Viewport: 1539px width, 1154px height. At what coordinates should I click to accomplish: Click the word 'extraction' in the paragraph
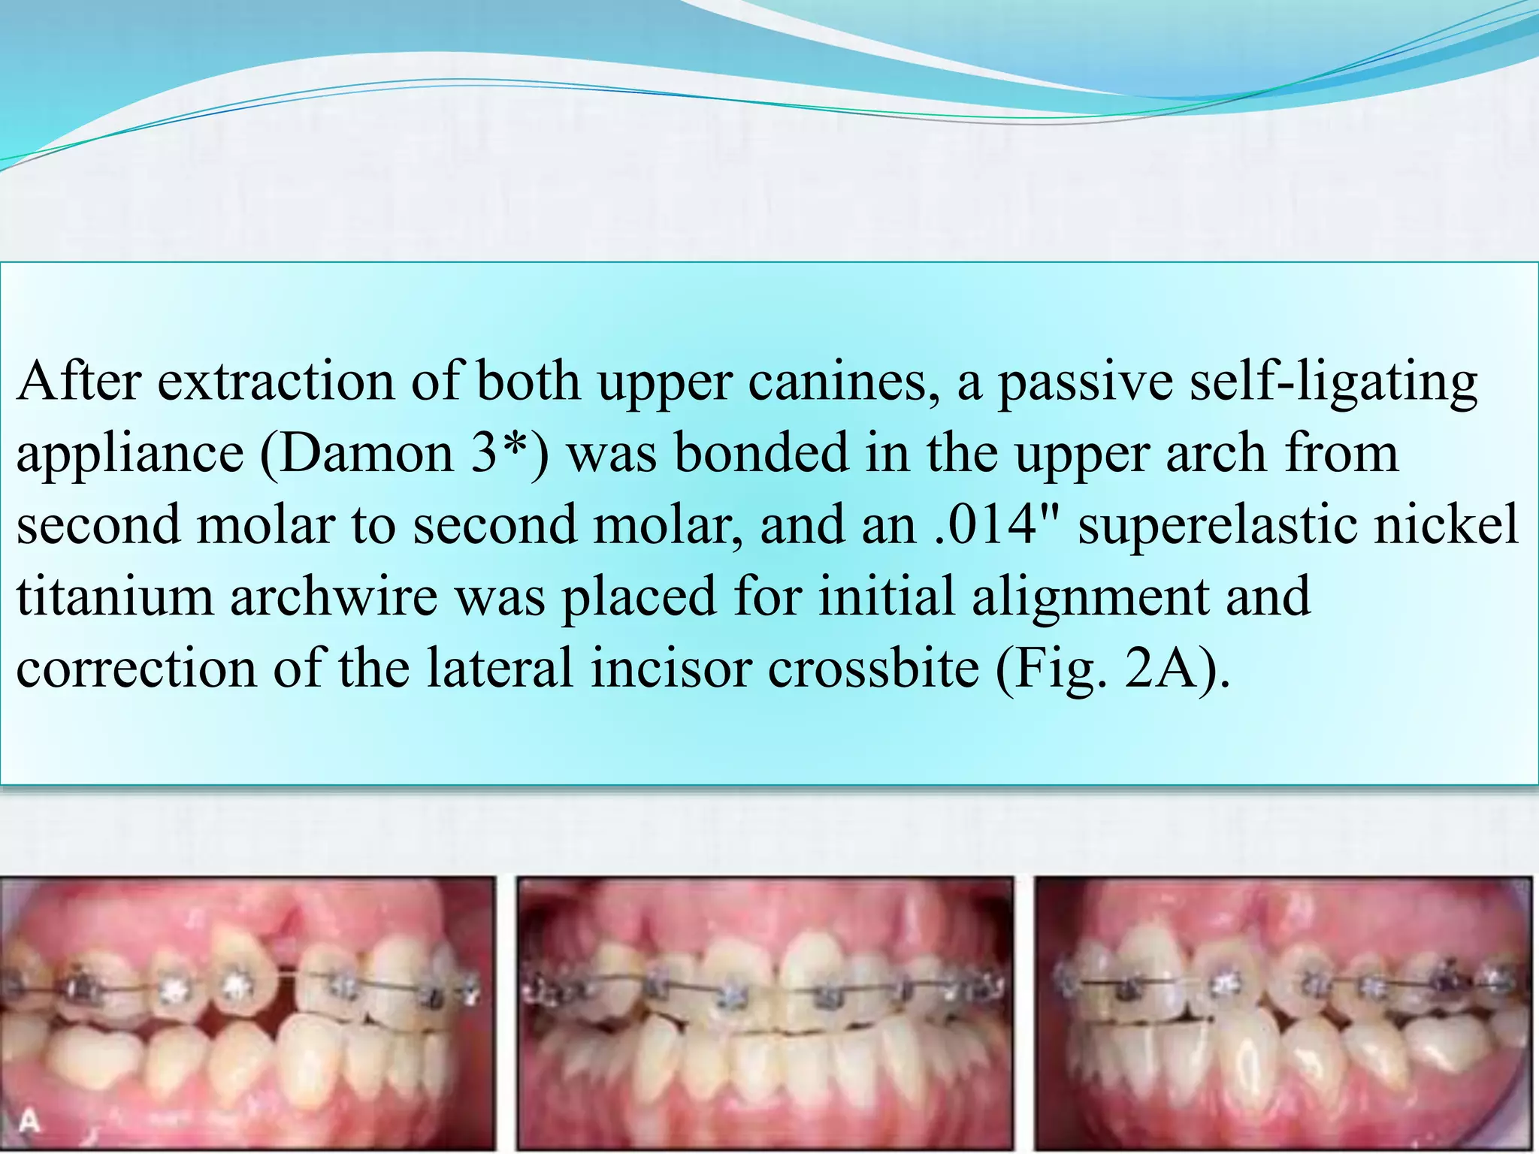click(275, 382)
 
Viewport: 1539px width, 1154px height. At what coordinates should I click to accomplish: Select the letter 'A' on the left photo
click(29, 1122)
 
